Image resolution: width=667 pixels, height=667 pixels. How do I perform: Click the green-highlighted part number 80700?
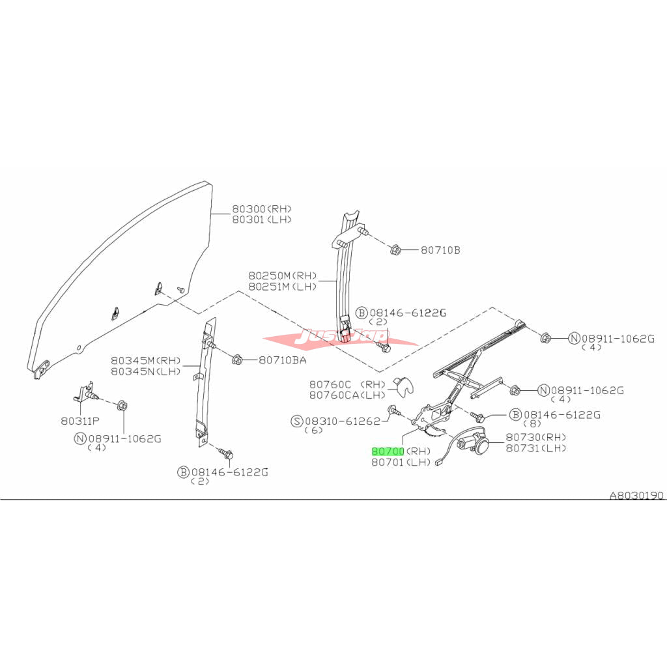pos(388,451)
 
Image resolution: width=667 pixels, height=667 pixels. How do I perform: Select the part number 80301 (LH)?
pos(262,220)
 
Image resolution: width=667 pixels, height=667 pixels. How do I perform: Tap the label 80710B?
pos(440,250)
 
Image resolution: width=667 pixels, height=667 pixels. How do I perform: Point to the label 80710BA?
pos(283,360)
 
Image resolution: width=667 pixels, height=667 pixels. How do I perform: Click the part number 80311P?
pos(80,421)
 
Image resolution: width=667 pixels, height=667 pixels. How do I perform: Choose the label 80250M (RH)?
pos(283,276)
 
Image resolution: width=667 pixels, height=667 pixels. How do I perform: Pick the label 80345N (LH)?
pos(145,371)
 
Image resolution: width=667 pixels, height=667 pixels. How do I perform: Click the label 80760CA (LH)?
pos(347,395)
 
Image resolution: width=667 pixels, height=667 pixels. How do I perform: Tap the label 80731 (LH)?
pos(535,448)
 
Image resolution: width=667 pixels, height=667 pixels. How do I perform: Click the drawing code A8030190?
pos(636,496)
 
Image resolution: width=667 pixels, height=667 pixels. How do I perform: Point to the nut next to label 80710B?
pos(395,249)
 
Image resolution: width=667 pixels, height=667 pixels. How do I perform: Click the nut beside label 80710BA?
pos(237,360)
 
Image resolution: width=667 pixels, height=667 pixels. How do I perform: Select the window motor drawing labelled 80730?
pos(473,442)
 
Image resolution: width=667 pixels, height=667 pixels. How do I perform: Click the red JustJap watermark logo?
pos(340,338)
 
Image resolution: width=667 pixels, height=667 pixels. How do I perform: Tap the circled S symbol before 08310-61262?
pos(297,421)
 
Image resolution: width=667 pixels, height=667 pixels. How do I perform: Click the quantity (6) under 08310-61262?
pos(314,431)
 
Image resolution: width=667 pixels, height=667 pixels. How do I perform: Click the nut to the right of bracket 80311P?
pos(122,405)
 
